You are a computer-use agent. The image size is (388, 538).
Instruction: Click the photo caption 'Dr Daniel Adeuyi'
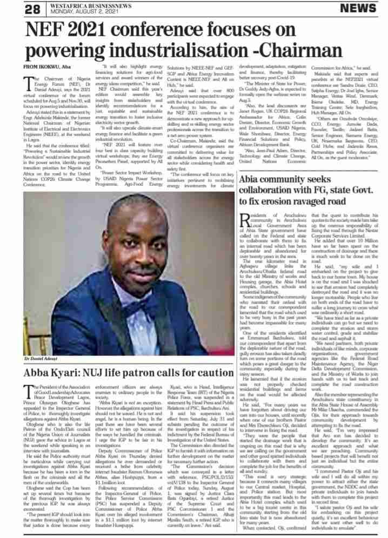[x=42, y=344]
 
